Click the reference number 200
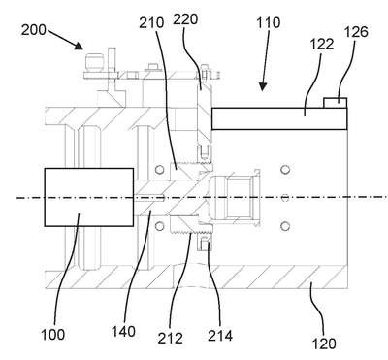point(34,30)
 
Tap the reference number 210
point(151,22)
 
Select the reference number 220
point(185,19)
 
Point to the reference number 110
point(269,23)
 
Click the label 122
point(322,44)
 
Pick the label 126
point(356,32)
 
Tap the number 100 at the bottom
point(53,334)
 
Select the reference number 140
point(123,332)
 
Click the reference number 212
point(171,339)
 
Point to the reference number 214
point(220,336)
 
